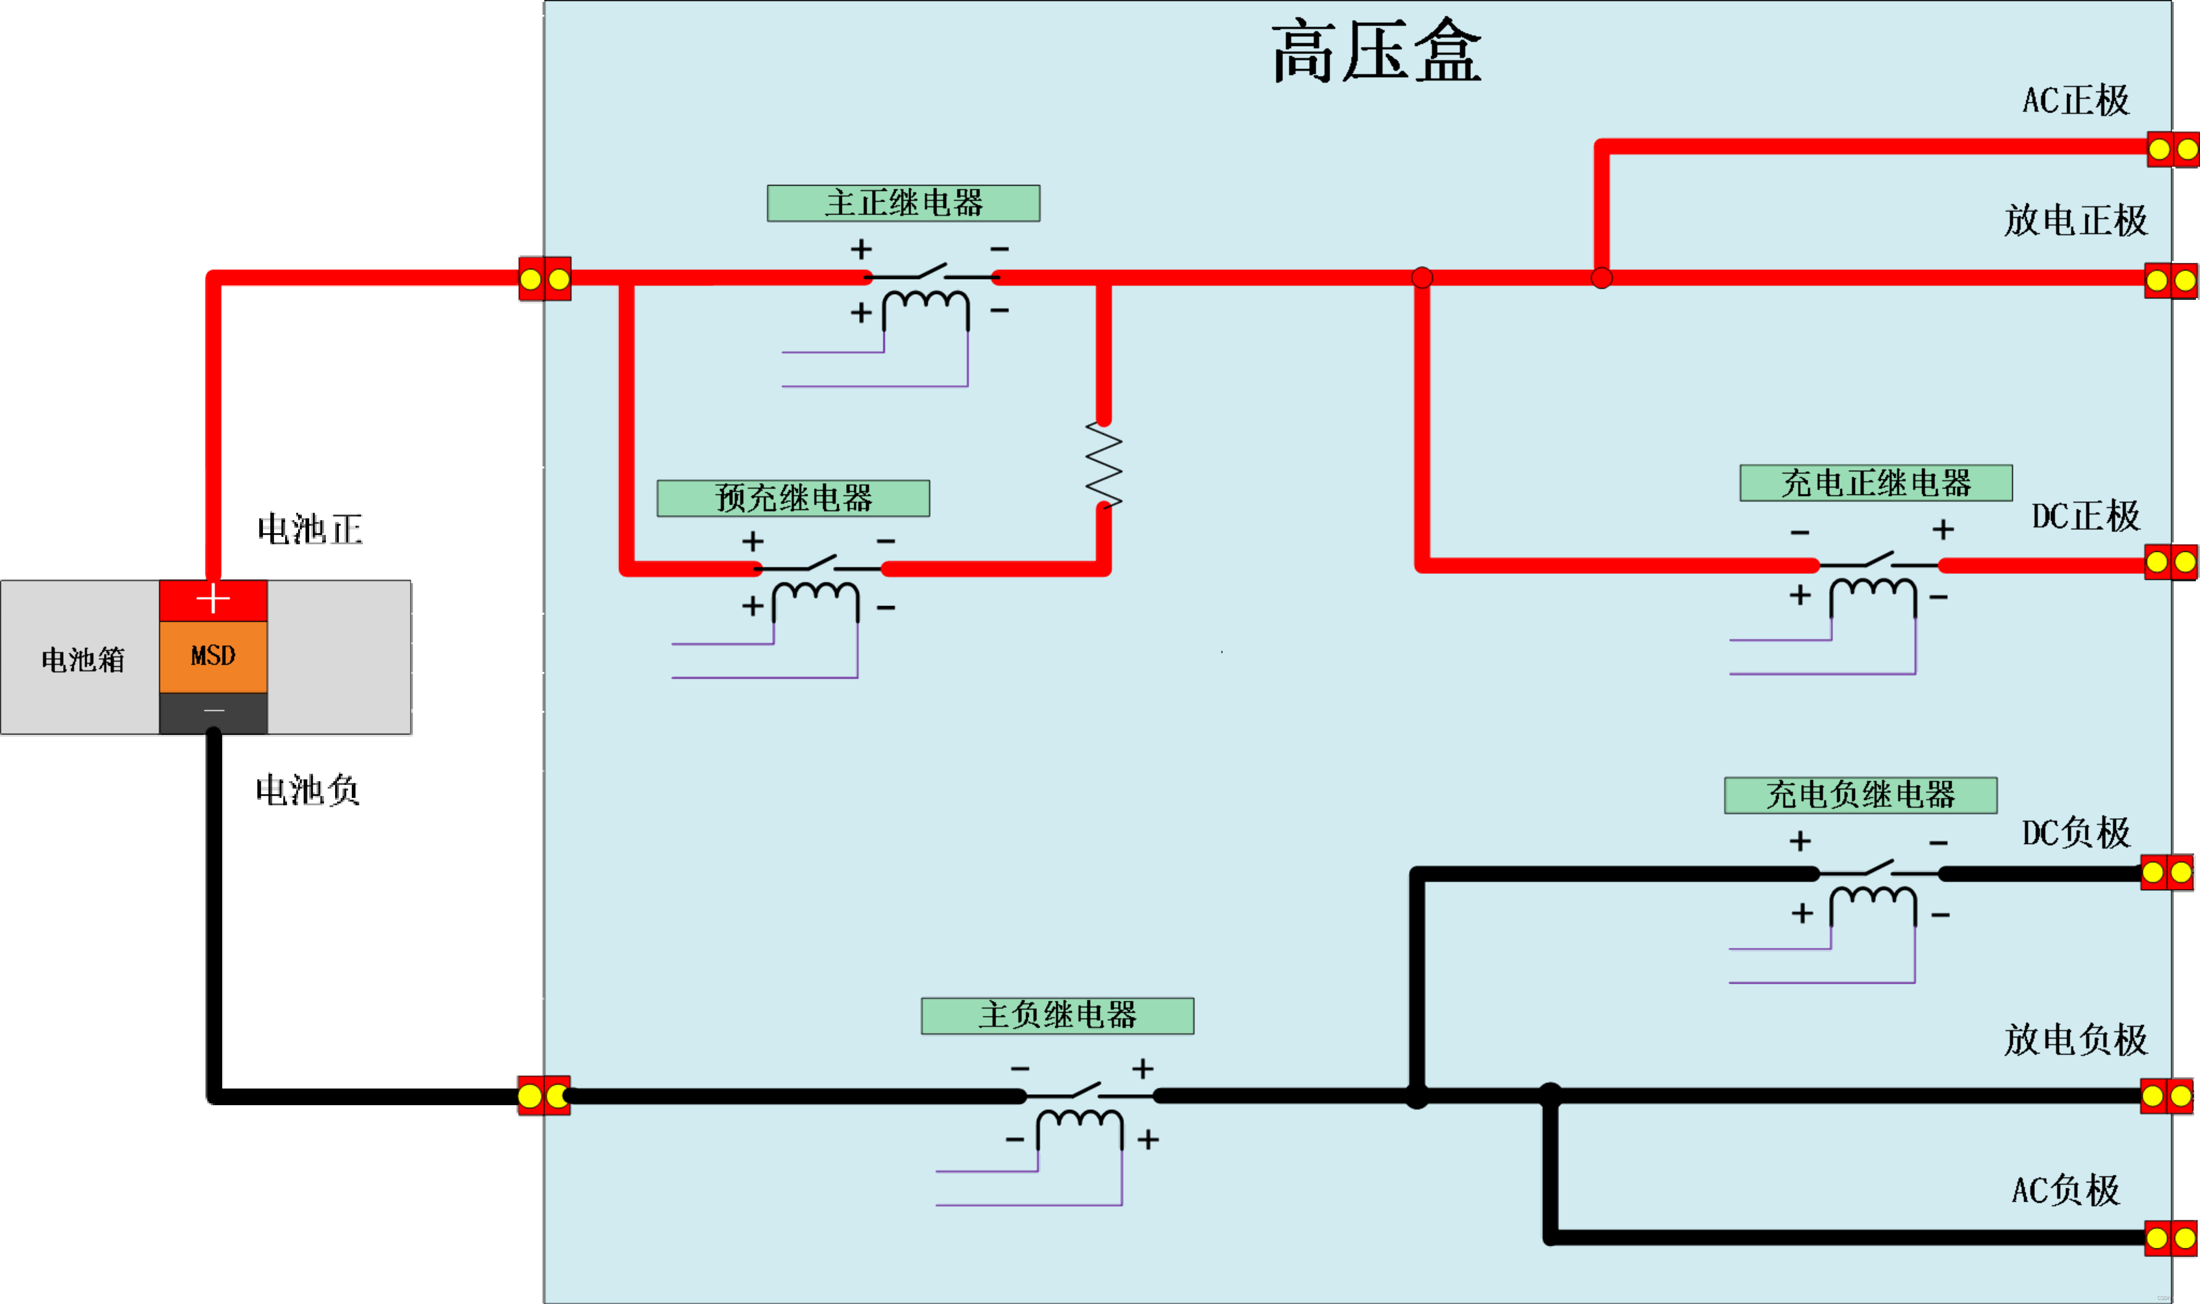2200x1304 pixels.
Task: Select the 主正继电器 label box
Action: [x=903, y=203]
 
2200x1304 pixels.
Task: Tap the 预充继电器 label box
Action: [x=793, y=498]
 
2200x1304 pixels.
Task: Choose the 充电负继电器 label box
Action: [x=1860, y=795]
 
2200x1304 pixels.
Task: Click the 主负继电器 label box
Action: [x=1057, y=1016]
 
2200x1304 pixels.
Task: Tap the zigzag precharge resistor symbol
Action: [x=1104, y=466]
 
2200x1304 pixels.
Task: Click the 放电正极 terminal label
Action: [x=2075, y=221]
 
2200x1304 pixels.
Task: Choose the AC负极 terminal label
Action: [x=2066, y=1191]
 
